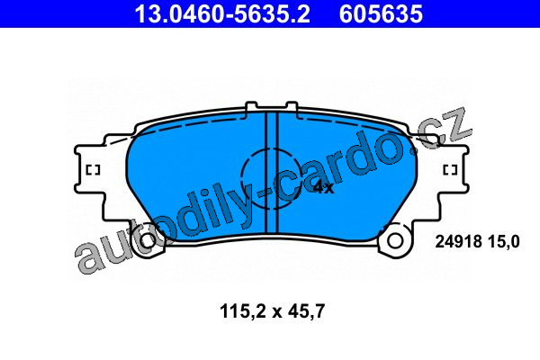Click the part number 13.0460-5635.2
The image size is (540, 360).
(x=222, y=14)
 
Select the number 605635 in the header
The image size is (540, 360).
(x=381, y=14)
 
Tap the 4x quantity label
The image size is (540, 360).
(x=324, y=188)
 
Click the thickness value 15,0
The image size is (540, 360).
(x=503, y=241)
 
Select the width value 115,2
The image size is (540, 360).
(x=242, y=311)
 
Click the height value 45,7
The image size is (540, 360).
(x=306, y=311)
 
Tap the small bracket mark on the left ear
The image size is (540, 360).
(x=93, y=170)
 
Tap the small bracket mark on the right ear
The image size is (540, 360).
(x=450, y=170)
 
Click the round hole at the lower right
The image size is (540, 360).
(x=395, y=241)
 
